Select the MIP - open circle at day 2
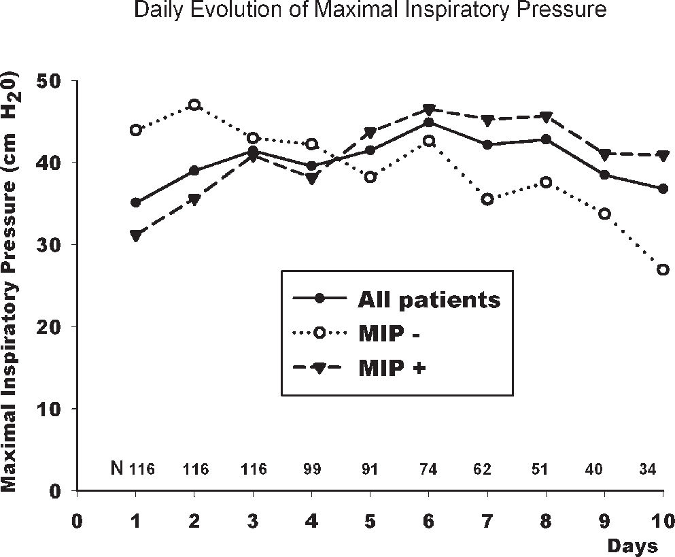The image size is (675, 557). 194,105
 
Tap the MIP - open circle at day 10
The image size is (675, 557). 663,269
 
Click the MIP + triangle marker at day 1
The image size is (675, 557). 136,235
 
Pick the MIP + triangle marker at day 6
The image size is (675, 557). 429,109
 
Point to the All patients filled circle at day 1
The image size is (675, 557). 136,203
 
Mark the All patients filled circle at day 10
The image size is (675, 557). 663,188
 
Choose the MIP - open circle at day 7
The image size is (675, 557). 487,199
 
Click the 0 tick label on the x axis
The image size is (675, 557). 78,521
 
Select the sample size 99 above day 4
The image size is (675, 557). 312,469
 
